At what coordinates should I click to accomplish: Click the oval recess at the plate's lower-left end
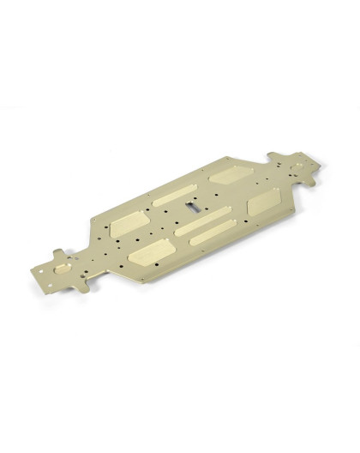tap(62, 268)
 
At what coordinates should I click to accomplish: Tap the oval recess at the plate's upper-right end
tap(297, 163)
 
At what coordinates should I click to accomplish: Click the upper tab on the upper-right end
tap(276, 156)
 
